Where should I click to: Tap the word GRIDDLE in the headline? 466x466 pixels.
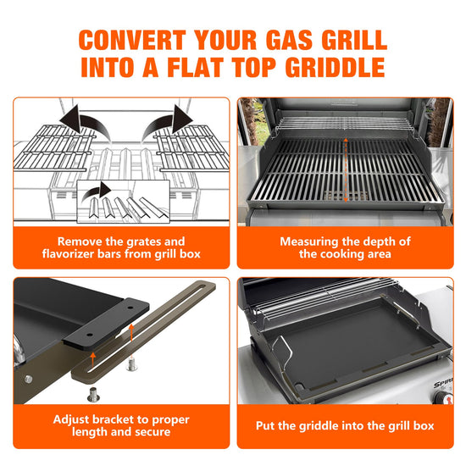336,67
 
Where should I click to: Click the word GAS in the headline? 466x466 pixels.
289,40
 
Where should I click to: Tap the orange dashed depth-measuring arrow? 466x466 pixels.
346,170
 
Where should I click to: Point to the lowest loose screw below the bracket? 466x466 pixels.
93,394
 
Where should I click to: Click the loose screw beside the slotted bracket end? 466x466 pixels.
131,364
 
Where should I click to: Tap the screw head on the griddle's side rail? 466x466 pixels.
28,379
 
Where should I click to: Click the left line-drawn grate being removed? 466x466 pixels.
55,147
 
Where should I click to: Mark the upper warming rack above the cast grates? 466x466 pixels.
345,124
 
